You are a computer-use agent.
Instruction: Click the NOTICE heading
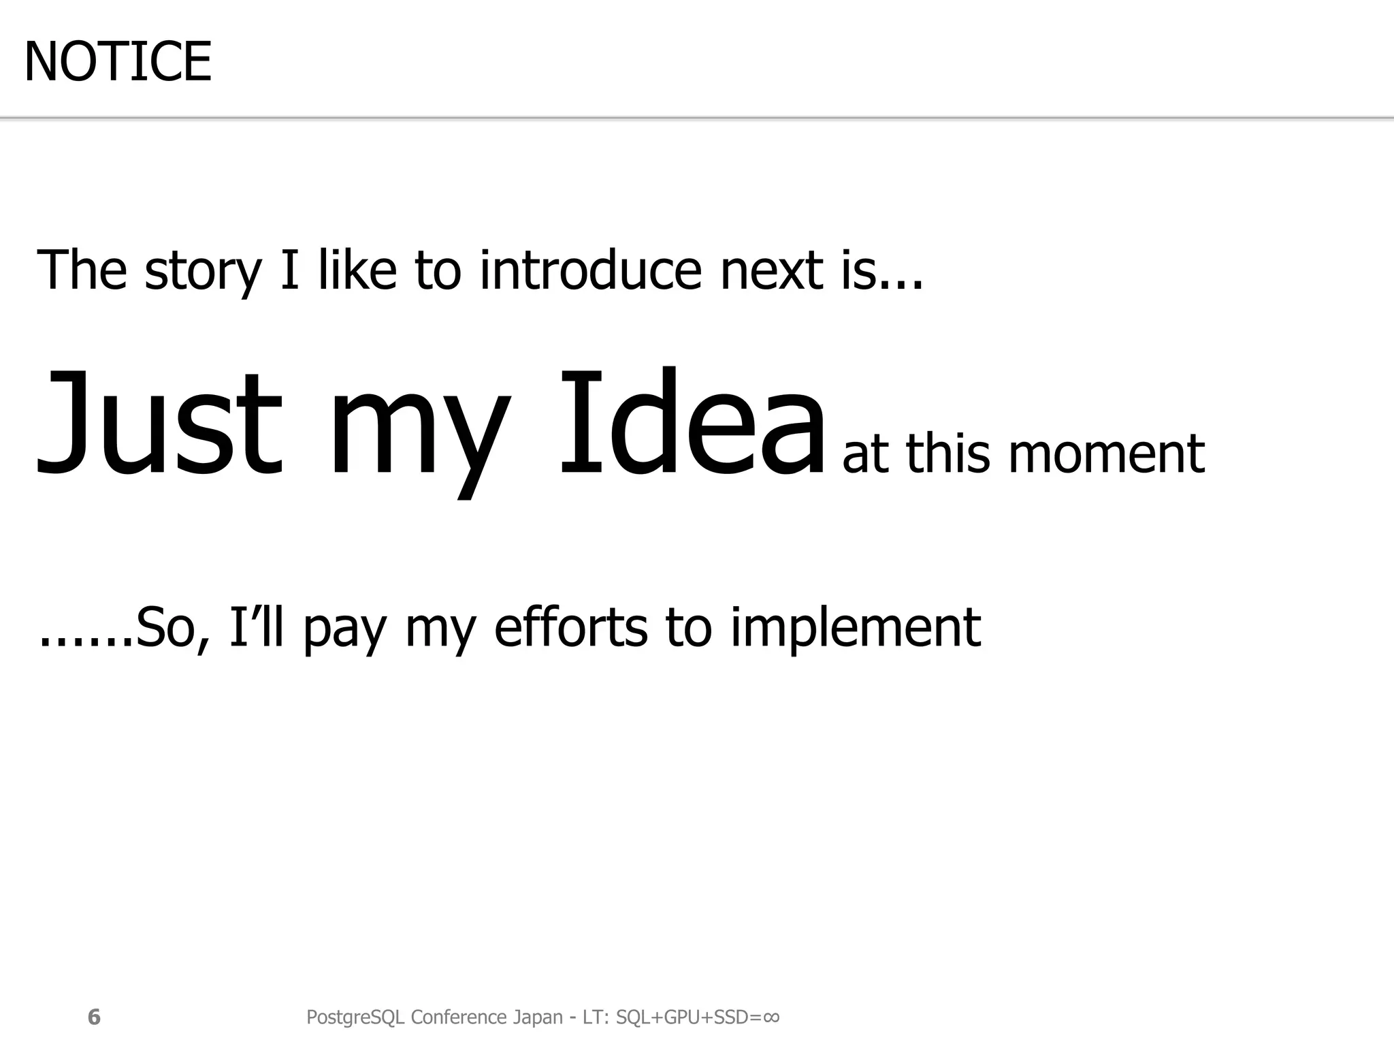[117, 62]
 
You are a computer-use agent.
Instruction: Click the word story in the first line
[203, 271]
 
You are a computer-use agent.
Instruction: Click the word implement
[856, 628]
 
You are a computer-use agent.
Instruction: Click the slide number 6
[94, 1017]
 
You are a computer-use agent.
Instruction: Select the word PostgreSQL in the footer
[355, 1017]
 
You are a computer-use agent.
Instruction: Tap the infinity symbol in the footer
[771, 1017]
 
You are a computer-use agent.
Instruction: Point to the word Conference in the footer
[459, 1017]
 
